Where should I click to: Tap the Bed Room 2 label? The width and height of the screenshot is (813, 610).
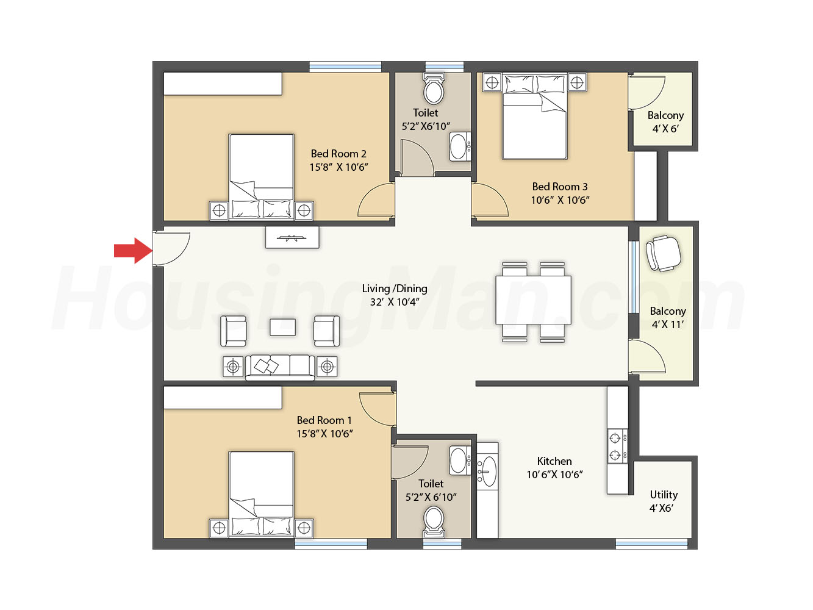[x=338, y=154]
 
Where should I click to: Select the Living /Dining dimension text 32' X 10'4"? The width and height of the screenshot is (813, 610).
[x=395, y=302]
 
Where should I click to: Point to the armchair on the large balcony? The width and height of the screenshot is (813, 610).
[x=663, y=253]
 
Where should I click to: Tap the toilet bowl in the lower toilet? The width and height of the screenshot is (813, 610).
[x=434, y=522]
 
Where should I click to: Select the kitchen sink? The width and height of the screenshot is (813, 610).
[x=487, y=472]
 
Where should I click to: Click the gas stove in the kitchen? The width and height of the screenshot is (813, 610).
[x=617, y=447]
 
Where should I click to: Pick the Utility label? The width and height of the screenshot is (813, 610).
[x=664, y=495]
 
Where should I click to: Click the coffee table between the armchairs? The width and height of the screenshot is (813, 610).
[x=282, y=328]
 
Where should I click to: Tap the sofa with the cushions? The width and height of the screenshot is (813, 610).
[x=280, y=367]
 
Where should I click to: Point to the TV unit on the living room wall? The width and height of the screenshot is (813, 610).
[x=292, y=237]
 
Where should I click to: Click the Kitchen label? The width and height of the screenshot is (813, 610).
[x=554, y=461]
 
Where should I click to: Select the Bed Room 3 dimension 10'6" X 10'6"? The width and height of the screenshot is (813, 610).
[x=560, y=200]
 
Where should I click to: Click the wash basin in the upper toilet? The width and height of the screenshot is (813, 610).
[x=460, y=146]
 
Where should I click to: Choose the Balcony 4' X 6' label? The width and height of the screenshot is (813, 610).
[x=665, y=122]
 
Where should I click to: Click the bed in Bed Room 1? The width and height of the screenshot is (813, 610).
[x=262, y=494]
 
